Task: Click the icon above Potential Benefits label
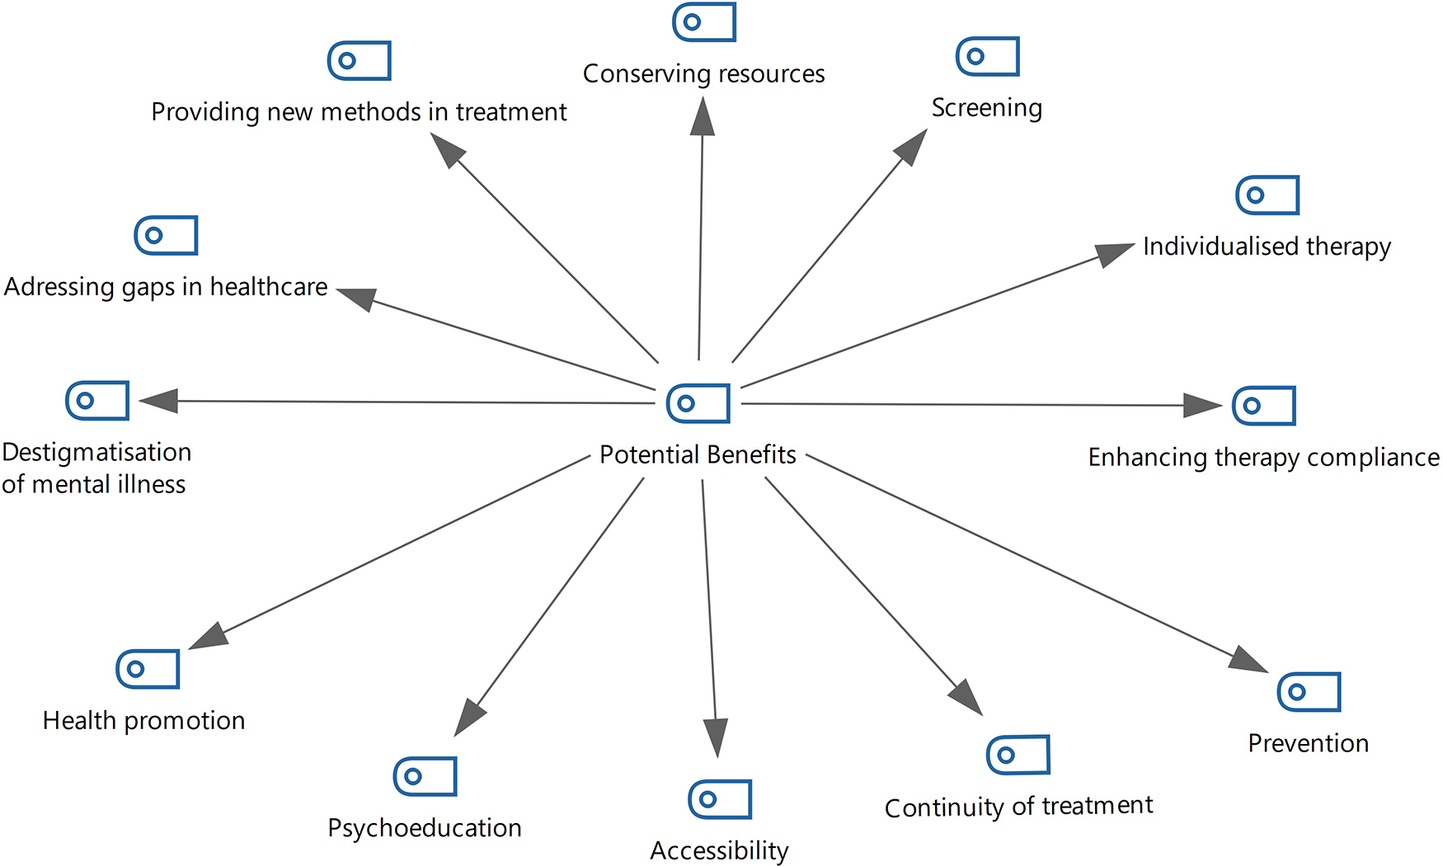click(x=698, y=403)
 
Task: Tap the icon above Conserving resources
click(x=704, y=22)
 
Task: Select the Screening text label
click(x=986, y=107)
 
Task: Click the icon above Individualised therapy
click(x=1267, y=195)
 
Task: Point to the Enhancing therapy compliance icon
click(x=1264, y=406)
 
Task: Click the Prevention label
click(x=1308, y=743)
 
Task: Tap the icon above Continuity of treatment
click(x=1018, y=755)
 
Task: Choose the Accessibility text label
click(x=719, y=850)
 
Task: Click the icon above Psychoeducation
click(x=425, y=776)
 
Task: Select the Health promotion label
click(x=143, y=720)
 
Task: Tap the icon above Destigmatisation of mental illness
click(x=97, y=401)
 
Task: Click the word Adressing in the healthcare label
click(x=59, y=286)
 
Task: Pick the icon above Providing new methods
click(x=360, y=61)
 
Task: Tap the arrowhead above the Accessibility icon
click(x=716, y=737)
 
